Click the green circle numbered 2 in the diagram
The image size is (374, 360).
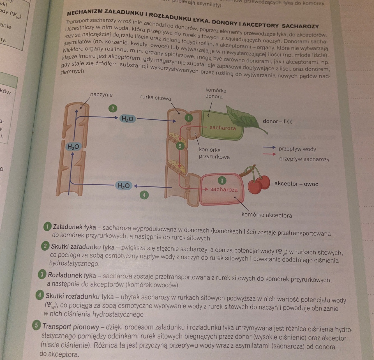click(x=113, y=108)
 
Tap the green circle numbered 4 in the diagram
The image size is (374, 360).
click(x=144, y=195)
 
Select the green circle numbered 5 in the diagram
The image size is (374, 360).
click(x=180, y=146)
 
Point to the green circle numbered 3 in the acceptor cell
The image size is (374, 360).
click(x=222, y=181)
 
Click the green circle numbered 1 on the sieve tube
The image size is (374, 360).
click(x=189, y=118)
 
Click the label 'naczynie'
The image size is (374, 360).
click(x=101, y=95)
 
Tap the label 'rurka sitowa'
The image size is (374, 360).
click(x=155, y=98)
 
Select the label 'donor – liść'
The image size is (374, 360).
click(x=278, y=121)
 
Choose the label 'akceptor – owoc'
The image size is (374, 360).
click(x=296, y=184)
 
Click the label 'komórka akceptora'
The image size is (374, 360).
click(x=267, y=215)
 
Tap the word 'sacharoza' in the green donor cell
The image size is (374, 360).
click(x=223, y=128)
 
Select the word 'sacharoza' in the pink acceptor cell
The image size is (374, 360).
click(x=224, y=190)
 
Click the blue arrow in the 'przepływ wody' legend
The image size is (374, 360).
click(x=269, y=147)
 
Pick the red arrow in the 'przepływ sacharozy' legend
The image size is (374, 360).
click(x=269, y=154)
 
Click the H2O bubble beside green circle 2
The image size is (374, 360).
click(x=127, y=119)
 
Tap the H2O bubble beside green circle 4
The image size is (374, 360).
click(x=123, y=186)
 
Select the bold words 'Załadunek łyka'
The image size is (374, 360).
click(x=74, y=227)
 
